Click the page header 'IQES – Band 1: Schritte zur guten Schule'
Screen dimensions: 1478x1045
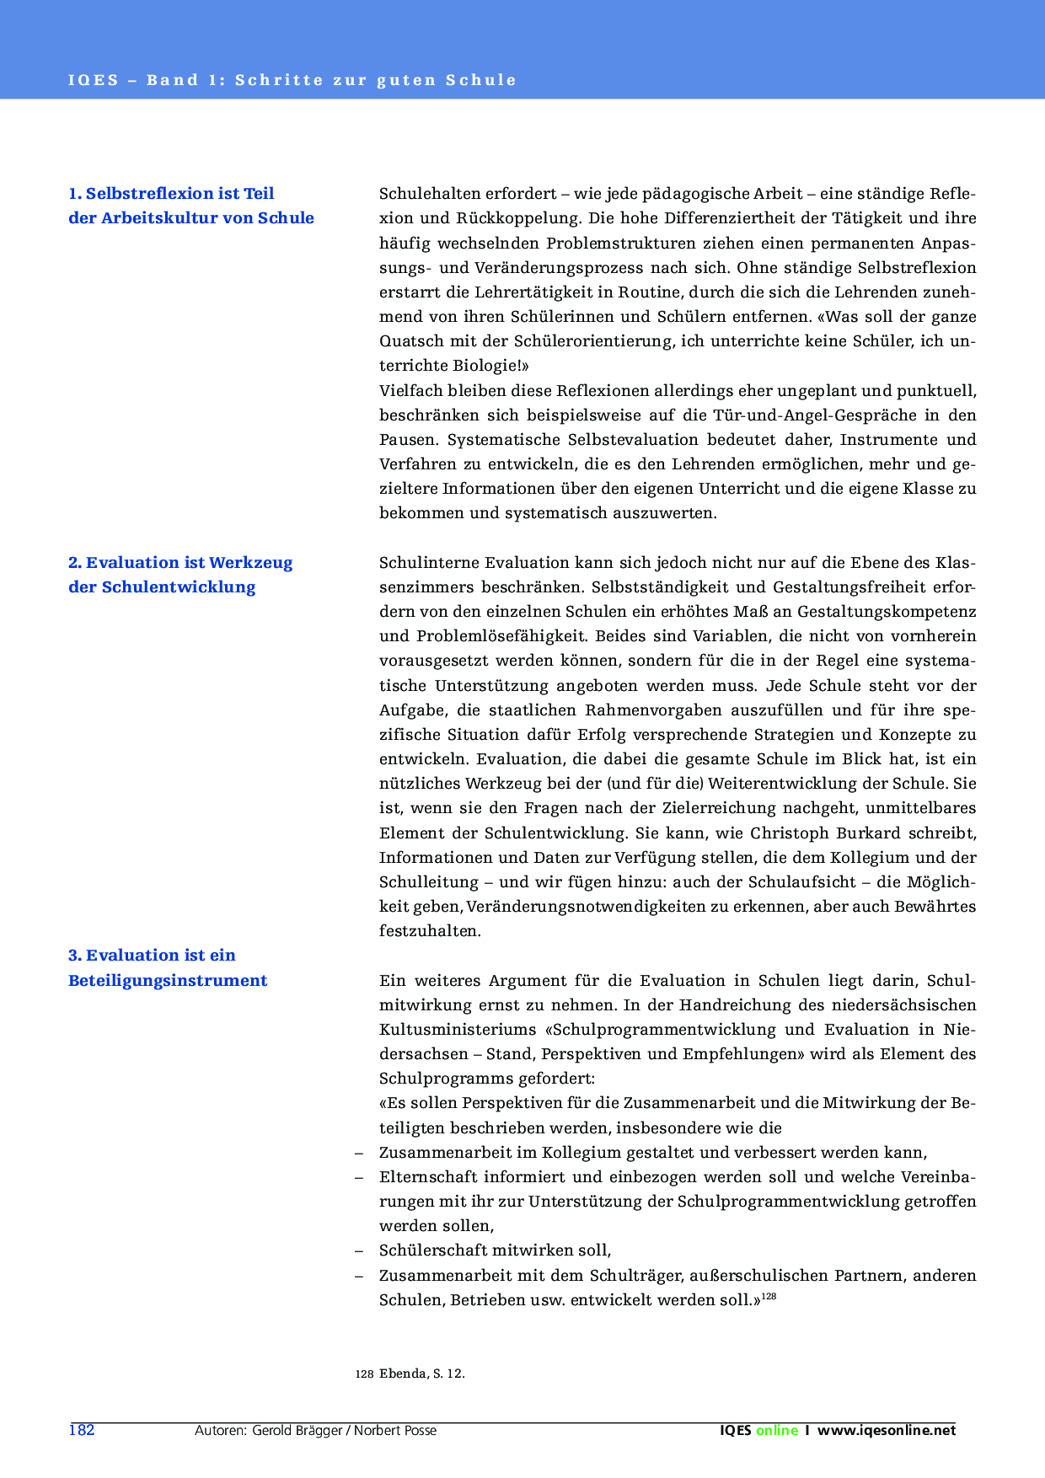[x=292, y=81]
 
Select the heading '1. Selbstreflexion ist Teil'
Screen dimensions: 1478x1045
[x=171, y=194]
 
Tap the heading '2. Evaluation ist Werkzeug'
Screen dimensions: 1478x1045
[x=180, y=563]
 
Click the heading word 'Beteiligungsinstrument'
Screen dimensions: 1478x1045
[x=168, y=981]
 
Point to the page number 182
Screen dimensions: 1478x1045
[x=82, y=1430]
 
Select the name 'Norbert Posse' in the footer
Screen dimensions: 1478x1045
[x=395, y=1430]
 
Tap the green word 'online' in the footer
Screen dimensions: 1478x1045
[x=776, y=1430]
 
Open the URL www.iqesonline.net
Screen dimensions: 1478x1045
[x=887, y=1430]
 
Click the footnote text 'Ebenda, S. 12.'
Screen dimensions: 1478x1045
[x=422, y=1374]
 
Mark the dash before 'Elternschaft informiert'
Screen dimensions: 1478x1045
[x=360, y=1177]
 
